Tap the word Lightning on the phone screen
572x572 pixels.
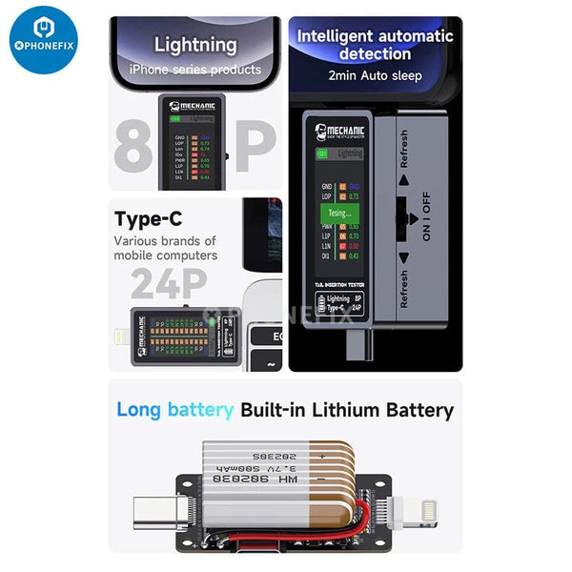point(194,45)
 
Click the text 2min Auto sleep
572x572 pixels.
point(375,74)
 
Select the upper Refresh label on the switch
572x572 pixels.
point(403,150)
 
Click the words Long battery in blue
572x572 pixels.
point(174,411)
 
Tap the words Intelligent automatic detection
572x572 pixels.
point(375,45)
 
